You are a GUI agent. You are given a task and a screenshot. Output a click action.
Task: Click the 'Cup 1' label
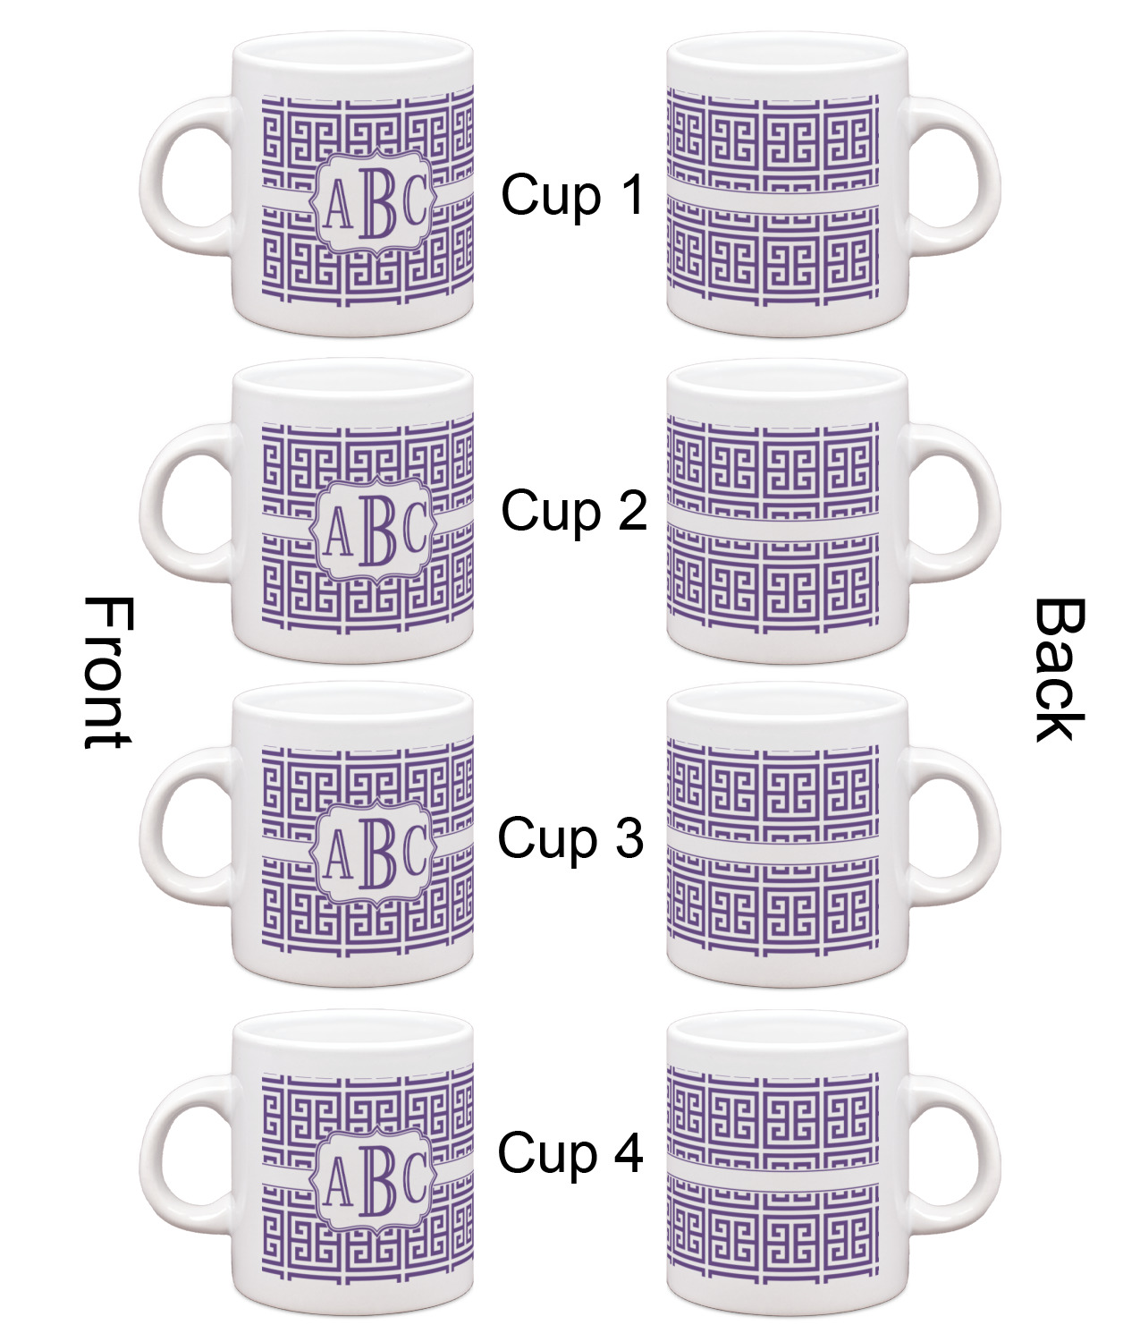pyautogui.click(x=572, y=195)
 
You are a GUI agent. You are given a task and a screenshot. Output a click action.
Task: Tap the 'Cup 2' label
pyautogui.click(x=573, y=511)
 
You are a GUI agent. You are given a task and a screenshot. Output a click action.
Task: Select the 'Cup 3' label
pyautogui.click(x=570, y=838)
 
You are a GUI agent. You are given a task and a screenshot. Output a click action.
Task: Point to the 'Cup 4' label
pyautogui.click(x=570, y=1152)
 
